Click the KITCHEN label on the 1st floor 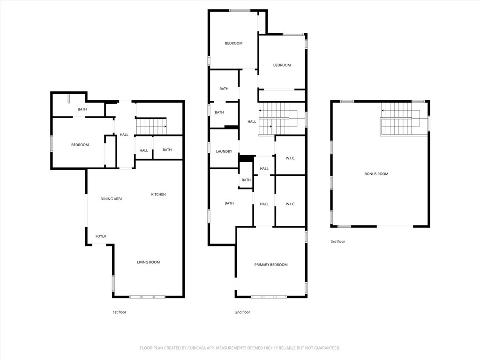click(x=158, y=195)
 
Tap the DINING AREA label click(x=112, y=199)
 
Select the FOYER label click(x=101, y=236)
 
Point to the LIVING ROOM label click(x=149, y=262)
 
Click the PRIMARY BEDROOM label click(x=271, y=265)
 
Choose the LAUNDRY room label click(x=224, y=151)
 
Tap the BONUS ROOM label click(x=376, y=174)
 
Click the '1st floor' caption click(x=120, y=312)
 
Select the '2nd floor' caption click(x=242, y=312)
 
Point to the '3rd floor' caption click(x=337, y=241)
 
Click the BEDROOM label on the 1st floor click(x=80, y=145)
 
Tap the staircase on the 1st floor click(x=151, y=127)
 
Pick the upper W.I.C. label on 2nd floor click(x=290, y=158)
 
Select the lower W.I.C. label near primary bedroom click(x=290, y=204)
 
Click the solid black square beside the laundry click(x=247, y=158)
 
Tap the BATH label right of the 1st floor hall click(x=167, y=150)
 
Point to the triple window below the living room click(x=147, y=297)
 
